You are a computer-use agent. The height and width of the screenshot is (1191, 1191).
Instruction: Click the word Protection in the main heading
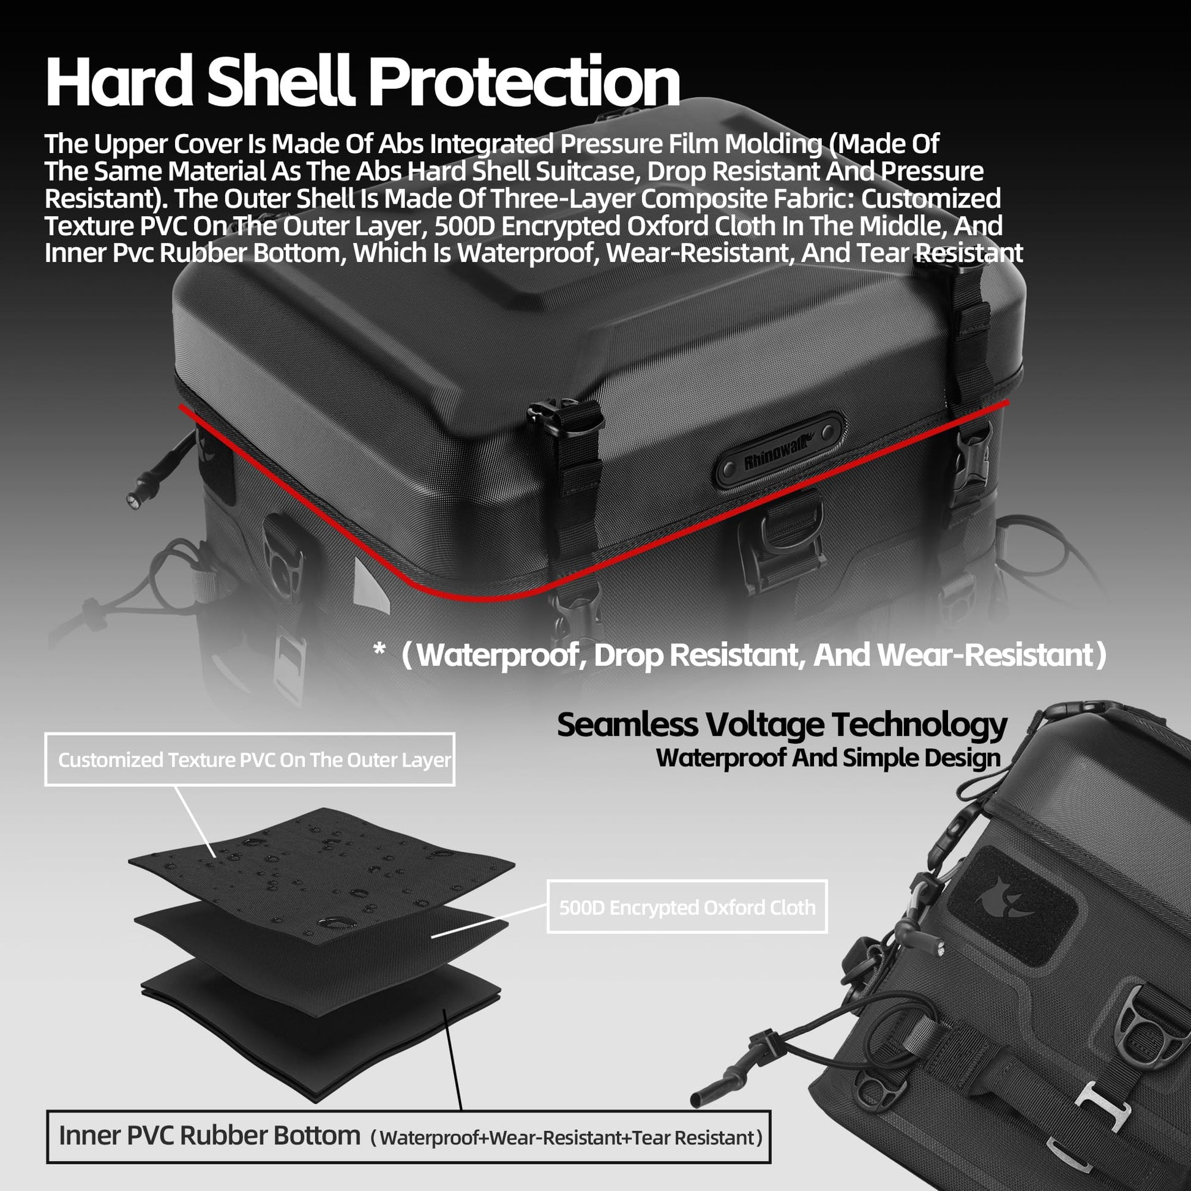[x=526, y=82]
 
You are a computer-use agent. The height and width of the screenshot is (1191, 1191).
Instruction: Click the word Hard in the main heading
[x=119, y=82]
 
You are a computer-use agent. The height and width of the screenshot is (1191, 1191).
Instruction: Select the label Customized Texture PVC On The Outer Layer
[x=254, y=760]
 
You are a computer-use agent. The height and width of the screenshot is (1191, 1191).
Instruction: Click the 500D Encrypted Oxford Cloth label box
[x=687, y=907]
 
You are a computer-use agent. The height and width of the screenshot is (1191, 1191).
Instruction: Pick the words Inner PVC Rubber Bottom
[x=209, y=1135]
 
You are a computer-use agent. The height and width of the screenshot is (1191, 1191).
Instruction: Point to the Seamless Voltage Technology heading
[x=782, y=725]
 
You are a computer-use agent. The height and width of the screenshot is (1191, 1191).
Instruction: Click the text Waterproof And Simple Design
[x=828, y=758]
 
